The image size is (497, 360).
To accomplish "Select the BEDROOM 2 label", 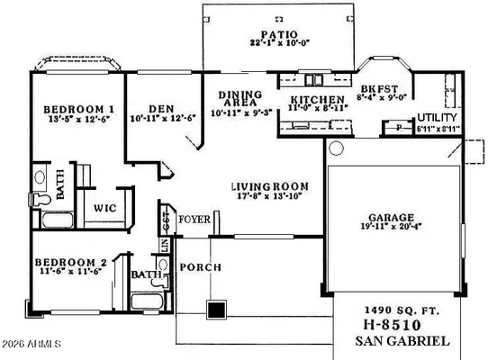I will point(71,263).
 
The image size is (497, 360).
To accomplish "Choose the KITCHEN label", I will point(316,98).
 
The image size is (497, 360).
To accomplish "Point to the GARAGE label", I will point(390,218).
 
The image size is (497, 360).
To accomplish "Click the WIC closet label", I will point(104,207).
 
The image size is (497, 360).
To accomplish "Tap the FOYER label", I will point(194,220).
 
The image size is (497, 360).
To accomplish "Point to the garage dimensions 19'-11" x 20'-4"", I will point(390,229).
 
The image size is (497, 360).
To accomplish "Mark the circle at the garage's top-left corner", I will point(337,148).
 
